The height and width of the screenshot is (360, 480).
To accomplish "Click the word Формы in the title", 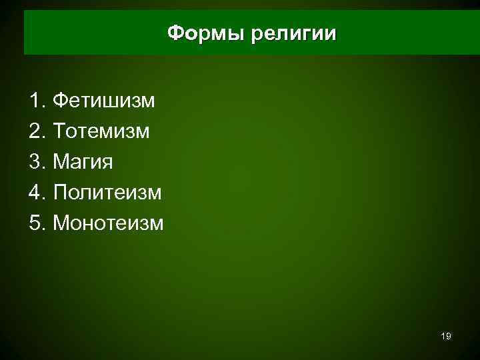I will click(205, 33).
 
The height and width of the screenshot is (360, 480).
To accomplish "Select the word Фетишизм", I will click(103, 101).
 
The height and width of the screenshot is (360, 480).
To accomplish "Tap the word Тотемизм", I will click(101, 131).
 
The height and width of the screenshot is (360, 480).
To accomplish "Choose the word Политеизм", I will click(107, 193).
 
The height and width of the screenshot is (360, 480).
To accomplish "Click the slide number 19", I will click(446, 337).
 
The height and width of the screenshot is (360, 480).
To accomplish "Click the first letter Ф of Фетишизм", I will click(59, 101).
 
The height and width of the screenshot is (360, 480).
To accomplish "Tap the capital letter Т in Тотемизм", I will click(58, 131).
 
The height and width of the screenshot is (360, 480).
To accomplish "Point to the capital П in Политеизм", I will click(59, 193).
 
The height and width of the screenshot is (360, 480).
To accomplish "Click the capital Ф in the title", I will click(174, 33).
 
